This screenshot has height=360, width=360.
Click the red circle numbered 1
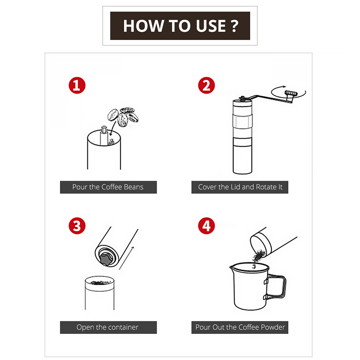(77, 85)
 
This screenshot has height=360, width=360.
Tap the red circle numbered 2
(207, 85)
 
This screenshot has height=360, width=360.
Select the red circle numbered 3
(77, 226)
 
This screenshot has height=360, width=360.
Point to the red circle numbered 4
(207, 226)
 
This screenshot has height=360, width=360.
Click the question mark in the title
(234, 26)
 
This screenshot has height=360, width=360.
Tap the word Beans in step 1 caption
(133, 187)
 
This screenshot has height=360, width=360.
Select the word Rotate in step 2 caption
(266, 187)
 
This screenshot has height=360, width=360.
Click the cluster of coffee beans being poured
(123, 117)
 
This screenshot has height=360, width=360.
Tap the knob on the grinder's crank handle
(291, 93)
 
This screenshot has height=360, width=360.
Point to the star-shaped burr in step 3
(106, 258)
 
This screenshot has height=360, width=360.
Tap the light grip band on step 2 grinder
(243, 121)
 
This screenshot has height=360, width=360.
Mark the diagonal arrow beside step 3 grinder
(126, 258)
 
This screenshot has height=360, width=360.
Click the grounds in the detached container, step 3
(100, 282)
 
